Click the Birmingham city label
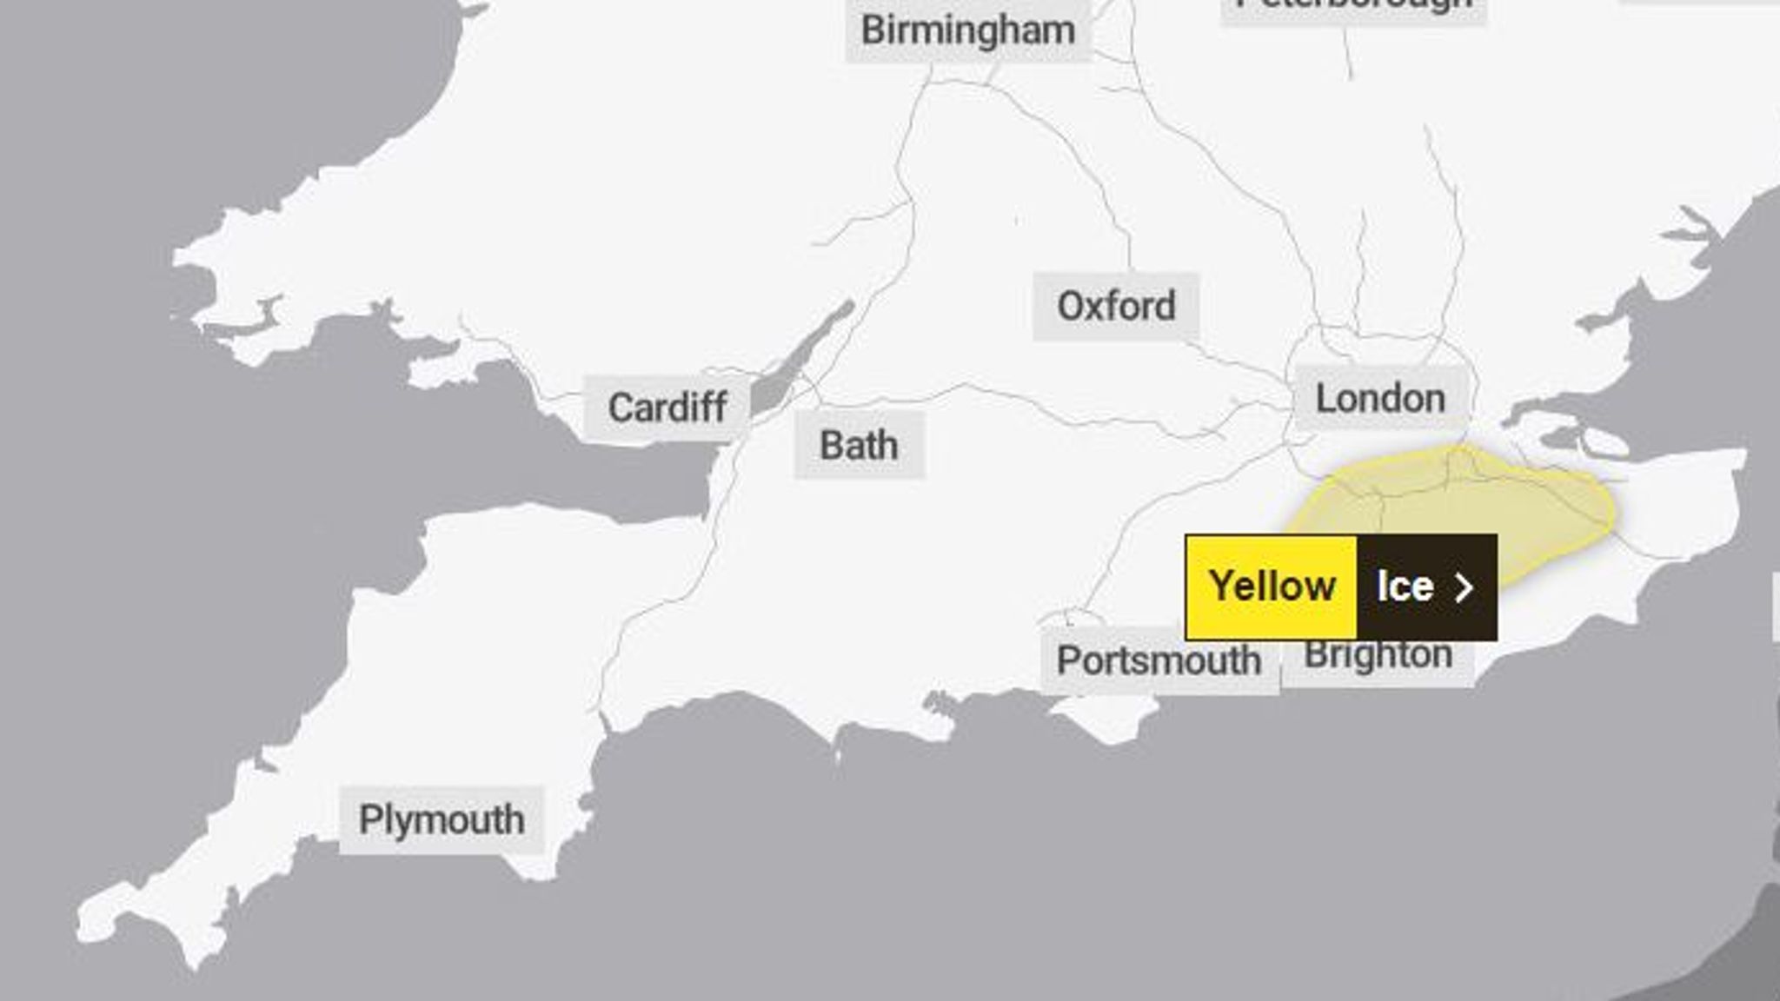967,31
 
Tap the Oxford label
1116,306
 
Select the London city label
1380,399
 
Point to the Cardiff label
667,408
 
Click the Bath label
859,446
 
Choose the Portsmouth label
1159,660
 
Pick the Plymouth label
442,819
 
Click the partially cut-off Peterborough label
1353,7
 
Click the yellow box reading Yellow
1271,587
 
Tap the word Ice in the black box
1405,587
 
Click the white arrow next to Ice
1465,587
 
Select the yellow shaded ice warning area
1478,504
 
